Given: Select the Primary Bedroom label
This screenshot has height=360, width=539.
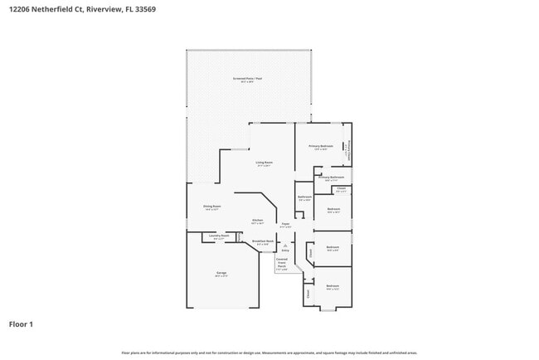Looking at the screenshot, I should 320,146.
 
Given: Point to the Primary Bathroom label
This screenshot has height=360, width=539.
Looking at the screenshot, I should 332,177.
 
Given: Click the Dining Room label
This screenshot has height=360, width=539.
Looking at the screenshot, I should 211,207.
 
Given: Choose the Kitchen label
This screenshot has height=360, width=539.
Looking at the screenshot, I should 258,220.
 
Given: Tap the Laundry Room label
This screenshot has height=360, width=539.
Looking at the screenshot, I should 219,236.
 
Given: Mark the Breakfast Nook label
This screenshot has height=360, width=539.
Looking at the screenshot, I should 264,241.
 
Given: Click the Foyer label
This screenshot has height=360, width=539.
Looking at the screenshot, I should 284,224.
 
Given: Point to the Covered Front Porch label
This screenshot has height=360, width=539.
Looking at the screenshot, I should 282,263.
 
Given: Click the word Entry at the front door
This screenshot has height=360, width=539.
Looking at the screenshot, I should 284,250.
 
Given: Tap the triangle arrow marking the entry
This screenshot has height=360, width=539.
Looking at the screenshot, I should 284,245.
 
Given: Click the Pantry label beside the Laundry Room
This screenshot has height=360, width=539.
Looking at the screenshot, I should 239,236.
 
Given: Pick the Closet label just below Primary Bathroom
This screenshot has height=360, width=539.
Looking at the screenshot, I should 341,189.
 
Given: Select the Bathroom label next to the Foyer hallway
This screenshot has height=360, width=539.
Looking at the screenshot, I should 304,197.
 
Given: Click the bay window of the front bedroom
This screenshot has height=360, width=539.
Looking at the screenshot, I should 328,309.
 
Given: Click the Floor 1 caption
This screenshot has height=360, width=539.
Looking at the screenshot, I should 21,324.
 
